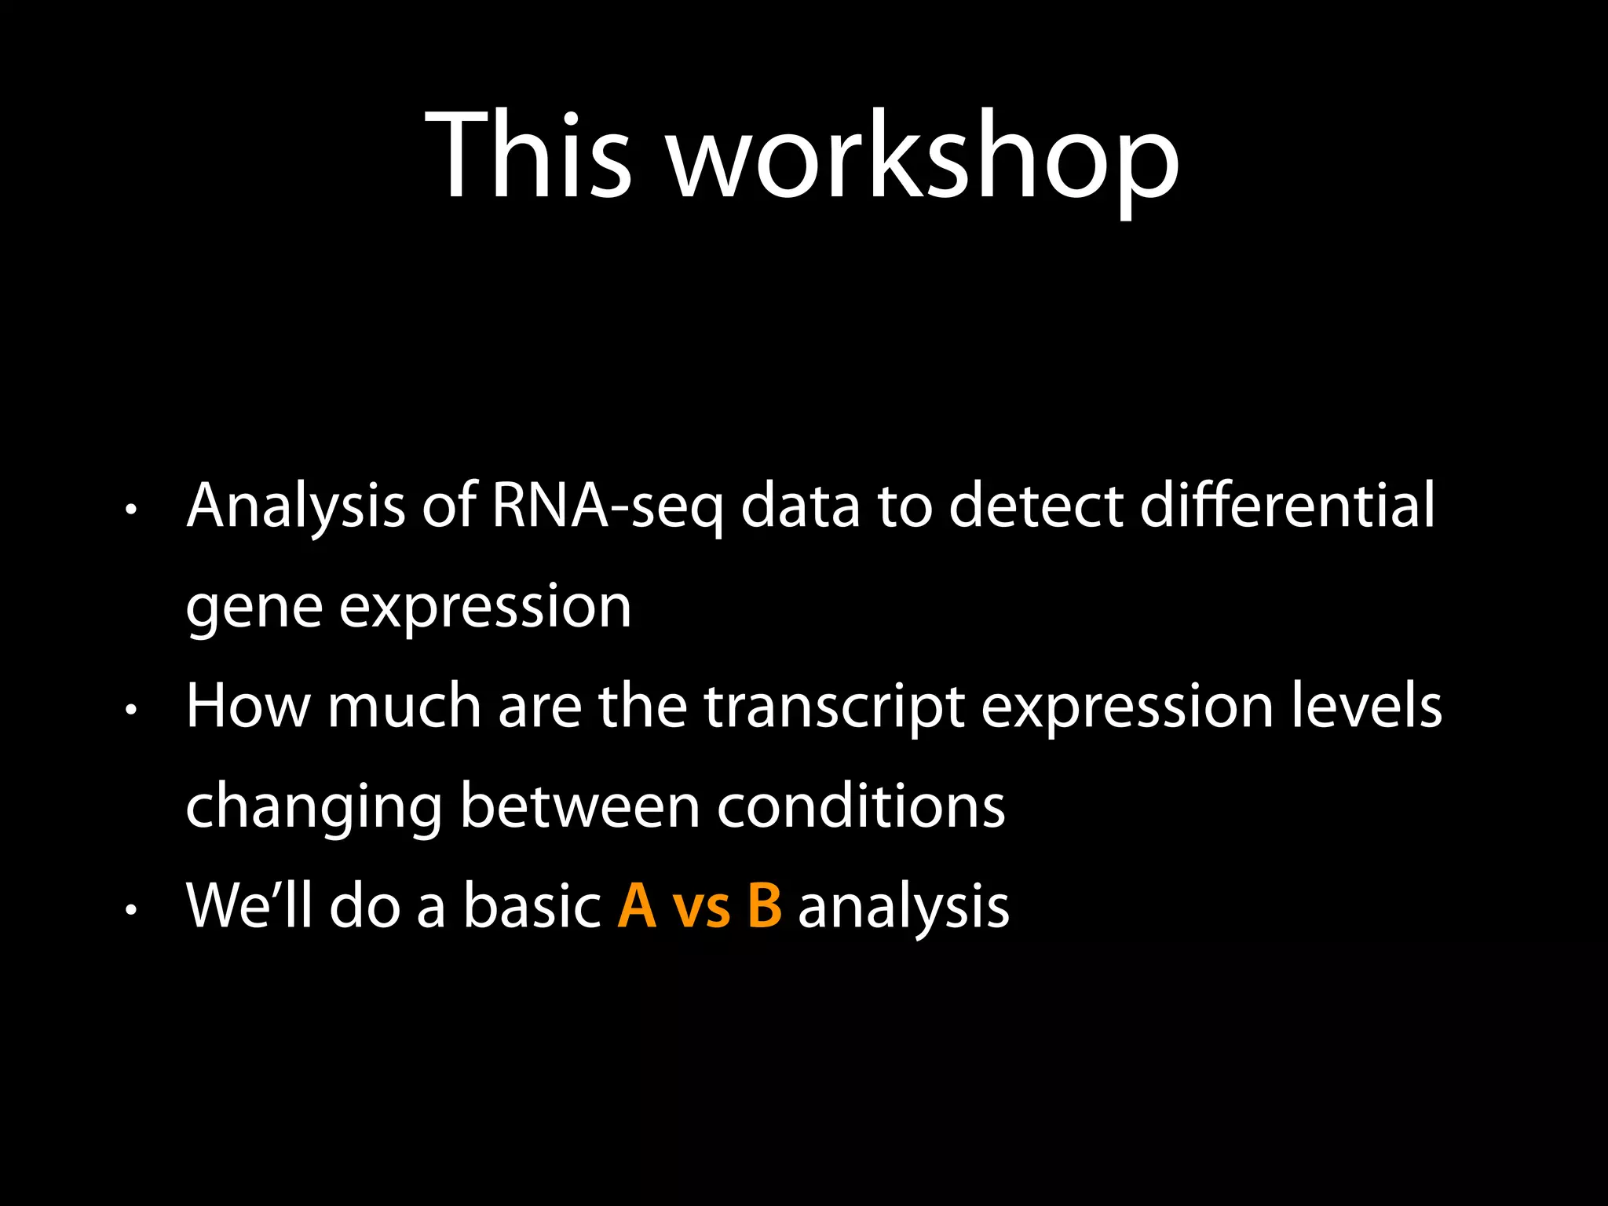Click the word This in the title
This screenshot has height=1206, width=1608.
(x=528, y=155)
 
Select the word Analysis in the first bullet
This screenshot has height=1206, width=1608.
(x=296, y=506)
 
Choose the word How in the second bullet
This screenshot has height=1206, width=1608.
(x=248, y=707)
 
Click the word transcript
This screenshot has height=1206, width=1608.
(x=834, y=707)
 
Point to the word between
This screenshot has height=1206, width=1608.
(x=579, y=807)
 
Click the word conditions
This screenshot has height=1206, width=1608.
(x=861, y=807)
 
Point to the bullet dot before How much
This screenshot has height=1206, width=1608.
(x=131, y=711)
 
